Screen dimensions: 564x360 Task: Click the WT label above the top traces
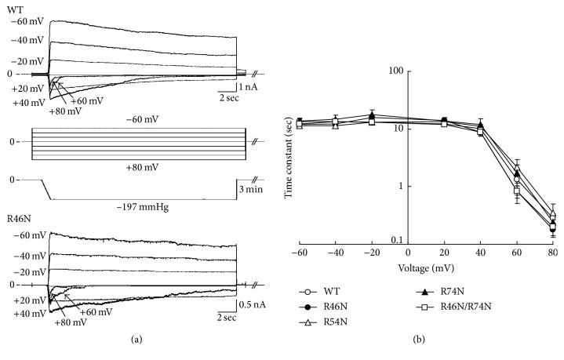14,9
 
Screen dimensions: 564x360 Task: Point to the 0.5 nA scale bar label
253,304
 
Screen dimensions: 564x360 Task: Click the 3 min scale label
251,189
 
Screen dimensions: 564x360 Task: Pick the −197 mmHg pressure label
143,207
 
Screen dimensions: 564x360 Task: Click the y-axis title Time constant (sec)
288,158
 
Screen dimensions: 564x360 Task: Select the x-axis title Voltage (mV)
426,268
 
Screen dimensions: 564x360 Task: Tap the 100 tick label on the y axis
395,71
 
